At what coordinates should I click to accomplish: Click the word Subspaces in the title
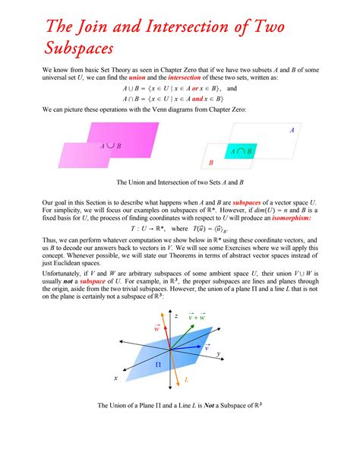click(x=69, y=48)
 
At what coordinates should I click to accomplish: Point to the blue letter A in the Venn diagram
click(x=291, y=130)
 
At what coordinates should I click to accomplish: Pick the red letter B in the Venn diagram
click(x=211, y=163)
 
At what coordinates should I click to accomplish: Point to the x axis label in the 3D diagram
click(x=116, y=378)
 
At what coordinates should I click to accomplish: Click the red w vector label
click(x=156, y=330)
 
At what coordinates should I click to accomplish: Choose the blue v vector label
click(x=207, y=347)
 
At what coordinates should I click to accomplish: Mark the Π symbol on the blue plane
click(x=159, y=365)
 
